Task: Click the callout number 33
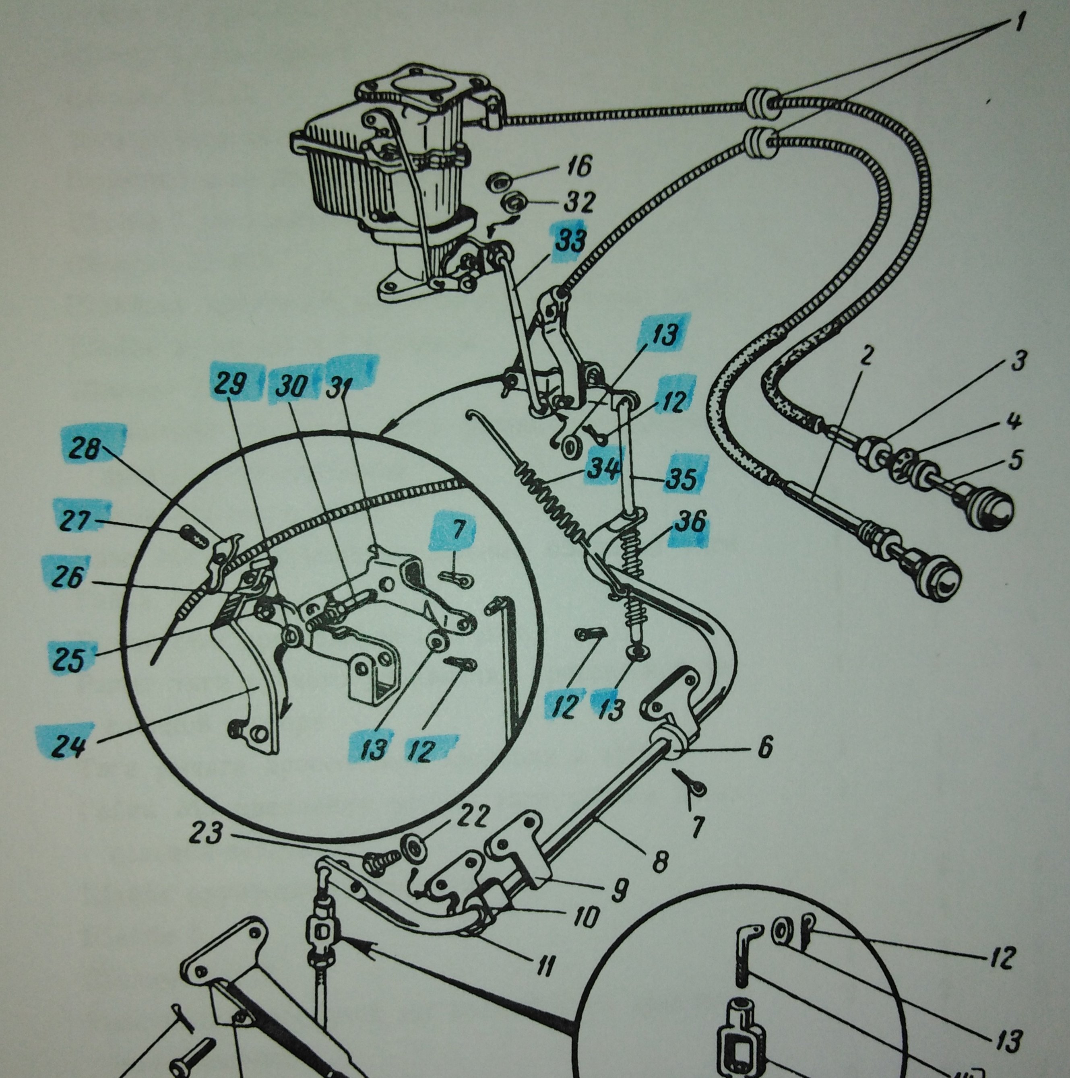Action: (570, 241)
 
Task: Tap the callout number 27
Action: (76, 524)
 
